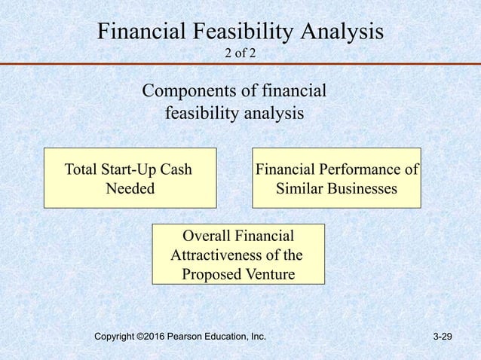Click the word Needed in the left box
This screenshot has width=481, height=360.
point(130,188)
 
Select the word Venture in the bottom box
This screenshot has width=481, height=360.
point(268,273)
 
